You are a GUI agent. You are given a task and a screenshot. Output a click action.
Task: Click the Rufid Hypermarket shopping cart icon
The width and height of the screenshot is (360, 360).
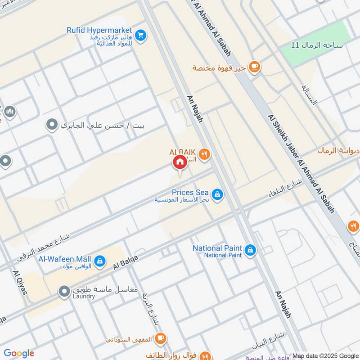(x=141, y=35)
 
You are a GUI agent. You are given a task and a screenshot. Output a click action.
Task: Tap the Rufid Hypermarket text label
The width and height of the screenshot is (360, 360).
(x=99, y=30)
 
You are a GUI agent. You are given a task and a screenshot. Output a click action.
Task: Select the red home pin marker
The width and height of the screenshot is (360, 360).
(x=180, y=162)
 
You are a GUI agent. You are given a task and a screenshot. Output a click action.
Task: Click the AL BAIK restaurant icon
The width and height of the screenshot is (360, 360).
(x=205, y=154)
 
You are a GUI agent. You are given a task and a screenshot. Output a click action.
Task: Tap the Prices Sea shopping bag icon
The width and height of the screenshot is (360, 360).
(x=217, y=194)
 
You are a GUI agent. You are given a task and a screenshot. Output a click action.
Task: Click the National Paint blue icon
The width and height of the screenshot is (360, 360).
(x=250, y=249)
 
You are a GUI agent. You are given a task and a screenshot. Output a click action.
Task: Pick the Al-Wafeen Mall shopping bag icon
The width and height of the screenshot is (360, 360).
(x=99, y=261)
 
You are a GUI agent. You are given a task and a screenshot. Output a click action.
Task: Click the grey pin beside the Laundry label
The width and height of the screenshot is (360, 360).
(x=65, y=292)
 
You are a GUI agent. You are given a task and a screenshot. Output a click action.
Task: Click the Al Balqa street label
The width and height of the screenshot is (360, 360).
(x=125, y=261)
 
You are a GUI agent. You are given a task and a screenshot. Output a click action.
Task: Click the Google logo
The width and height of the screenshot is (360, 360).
(x=19, y=353)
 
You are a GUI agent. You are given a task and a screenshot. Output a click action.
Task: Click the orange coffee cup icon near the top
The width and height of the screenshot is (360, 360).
(x=255, y=67)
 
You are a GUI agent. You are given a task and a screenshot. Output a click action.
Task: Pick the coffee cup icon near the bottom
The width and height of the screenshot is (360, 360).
(x=160, y=338)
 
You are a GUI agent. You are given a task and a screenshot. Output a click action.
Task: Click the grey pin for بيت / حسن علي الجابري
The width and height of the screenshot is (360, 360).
(x=53, y=124)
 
